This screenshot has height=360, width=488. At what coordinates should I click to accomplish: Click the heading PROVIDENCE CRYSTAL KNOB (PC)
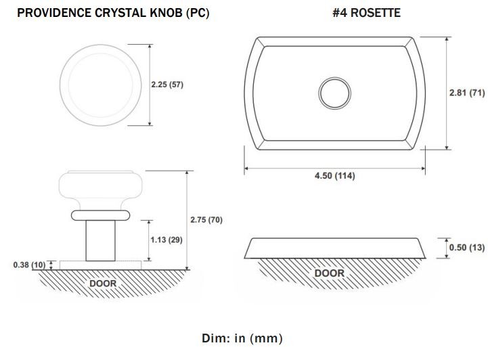[x=113, y=13]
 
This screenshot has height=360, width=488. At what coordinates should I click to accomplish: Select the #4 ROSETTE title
[x=366, y=13]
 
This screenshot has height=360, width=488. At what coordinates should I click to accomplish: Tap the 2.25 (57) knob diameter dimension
[x=167, y=85]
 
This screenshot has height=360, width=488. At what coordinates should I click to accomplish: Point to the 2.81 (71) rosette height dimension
[x=467, y=93]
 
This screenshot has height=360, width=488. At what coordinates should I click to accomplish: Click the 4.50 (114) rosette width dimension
[x=334, y=176]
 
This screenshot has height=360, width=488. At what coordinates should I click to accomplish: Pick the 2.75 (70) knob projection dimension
[x=206, y=220]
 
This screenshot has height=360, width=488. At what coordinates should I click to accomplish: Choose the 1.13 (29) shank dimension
[x=167, y=240]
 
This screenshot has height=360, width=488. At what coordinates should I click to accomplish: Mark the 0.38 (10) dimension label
[x=29, y=265]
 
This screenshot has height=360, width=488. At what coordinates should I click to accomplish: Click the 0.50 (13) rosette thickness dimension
[x=467, y=248]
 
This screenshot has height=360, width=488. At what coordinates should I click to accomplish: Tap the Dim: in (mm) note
[x=242, y=338]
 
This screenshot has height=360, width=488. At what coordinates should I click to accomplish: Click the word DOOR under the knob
[x=103, y=284]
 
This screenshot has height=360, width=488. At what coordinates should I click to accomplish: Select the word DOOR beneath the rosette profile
[x=329, y=273]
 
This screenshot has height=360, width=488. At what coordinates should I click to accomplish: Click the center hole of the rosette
[x=334, y=93]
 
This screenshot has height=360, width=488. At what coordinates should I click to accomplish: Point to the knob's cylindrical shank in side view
[x=101, y=240]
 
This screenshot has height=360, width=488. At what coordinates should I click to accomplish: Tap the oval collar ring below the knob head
[x=100, y=215]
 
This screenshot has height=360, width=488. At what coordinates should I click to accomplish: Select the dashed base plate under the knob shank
[x=101, y=265]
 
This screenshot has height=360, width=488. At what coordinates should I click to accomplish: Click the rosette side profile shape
[x=334, y=248]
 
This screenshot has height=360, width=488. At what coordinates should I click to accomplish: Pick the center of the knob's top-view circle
[x=101, y=85]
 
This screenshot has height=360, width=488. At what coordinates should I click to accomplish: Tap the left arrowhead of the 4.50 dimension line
[x=246, y=168]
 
